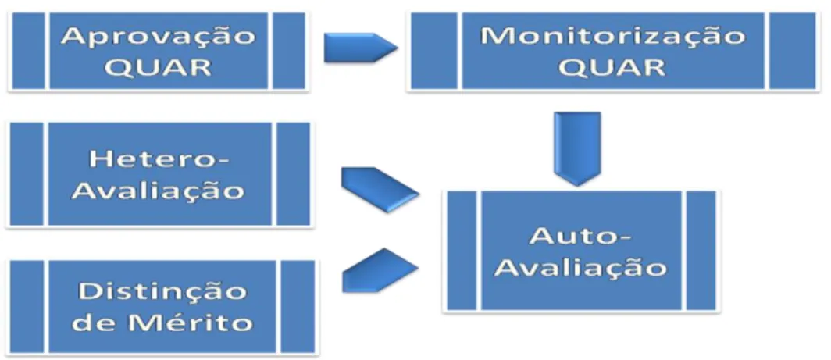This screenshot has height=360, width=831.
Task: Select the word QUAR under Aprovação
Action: pos(159,69)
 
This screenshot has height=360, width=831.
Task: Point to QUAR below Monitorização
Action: pos(612,69)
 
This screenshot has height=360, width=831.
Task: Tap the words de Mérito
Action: pos(162,323)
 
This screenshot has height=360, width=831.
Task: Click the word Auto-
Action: pos(581,237)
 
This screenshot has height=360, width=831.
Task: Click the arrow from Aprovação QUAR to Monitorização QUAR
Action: pos(360,48)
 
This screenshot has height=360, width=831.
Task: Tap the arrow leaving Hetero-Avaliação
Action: pos(381,189)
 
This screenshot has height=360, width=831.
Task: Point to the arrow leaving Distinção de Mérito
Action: pos(380,270)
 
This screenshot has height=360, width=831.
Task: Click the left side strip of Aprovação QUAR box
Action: pos(27,50)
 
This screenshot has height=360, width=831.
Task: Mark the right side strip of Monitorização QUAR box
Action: pos(792,50)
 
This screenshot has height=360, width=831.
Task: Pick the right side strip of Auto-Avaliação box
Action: pos(701,250)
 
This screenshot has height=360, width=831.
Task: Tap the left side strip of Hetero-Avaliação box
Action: pos(27,174)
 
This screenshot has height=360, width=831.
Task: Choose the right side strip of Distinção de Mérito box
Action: pos(298,306)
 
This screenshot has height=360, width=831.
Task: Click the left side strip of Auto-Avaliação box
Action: pos(462,250)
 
